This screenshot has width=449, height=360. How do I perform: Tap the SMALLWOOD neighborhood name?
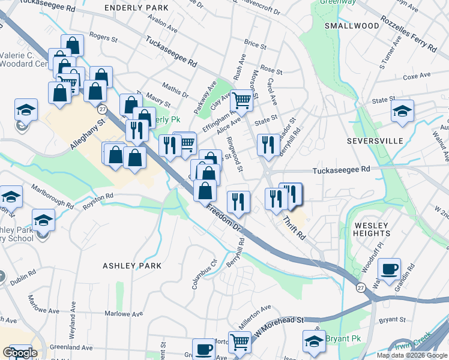tap(352, 26)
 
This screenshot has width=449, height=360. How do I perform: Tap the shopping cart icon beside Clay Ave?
tap(241, 101)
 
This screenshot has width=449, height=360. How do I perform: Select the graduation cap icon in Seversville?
tap(402, 110)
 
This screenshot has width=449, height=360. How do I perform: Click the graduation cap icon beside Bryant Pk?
tap(314, 341)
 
